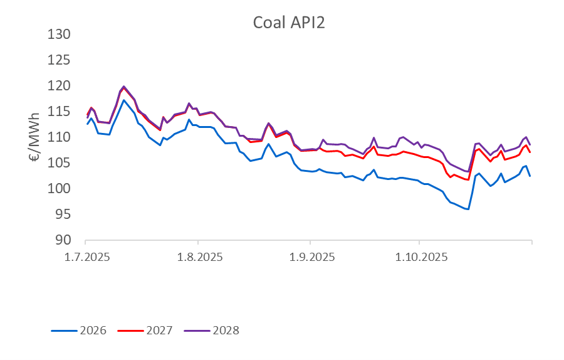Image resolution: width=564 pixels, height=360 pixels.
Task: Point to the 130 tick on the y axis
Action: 61,34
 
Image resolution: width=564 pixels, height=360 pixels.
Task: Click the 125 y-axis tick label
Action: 61,60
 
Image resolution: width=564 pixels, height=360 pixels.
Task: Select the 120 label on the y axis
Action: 61,85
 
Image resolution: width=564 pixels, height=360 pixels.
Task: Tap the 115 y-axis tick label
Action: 61,111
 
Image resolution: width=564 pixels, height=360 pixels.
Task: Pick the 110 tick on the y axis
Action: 61,137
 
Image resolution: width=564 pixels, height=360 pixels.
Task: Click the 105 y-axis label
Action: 61,163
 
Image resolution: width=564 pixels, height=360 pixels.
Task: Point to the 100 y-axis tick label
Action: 61,189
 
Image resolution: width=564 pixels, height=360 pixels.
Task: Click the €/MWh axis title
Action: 35,137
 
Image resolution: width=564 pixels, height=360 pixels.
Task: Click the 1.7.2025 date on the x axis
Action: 86,257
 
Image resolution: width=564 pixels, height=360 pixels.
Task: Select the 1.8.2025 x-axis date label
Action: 197,257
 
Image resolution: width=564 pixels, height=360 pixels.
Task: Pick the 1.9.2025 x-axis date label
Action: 310,257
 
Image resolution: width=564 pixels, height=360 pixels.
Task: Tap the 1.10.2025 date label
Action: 420,257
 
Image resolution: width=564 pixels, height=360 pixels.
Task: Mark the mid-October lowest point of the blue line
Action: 467,209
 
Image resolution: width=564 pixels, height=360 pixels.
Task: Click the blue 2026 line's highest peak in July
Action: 123,100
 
